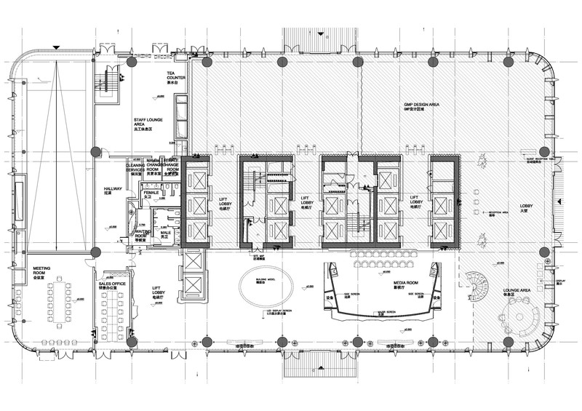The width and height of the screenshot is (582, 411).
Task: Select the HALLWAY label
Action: click(113, 191)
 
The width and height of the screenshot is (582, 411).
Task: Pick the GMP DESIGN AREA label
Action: click(421, 105)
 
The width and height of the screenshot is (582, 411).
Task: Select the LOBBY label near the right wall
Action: click(526, 207)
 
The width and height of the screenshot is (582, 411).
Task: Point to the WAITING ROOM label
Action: click(141, 234)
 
